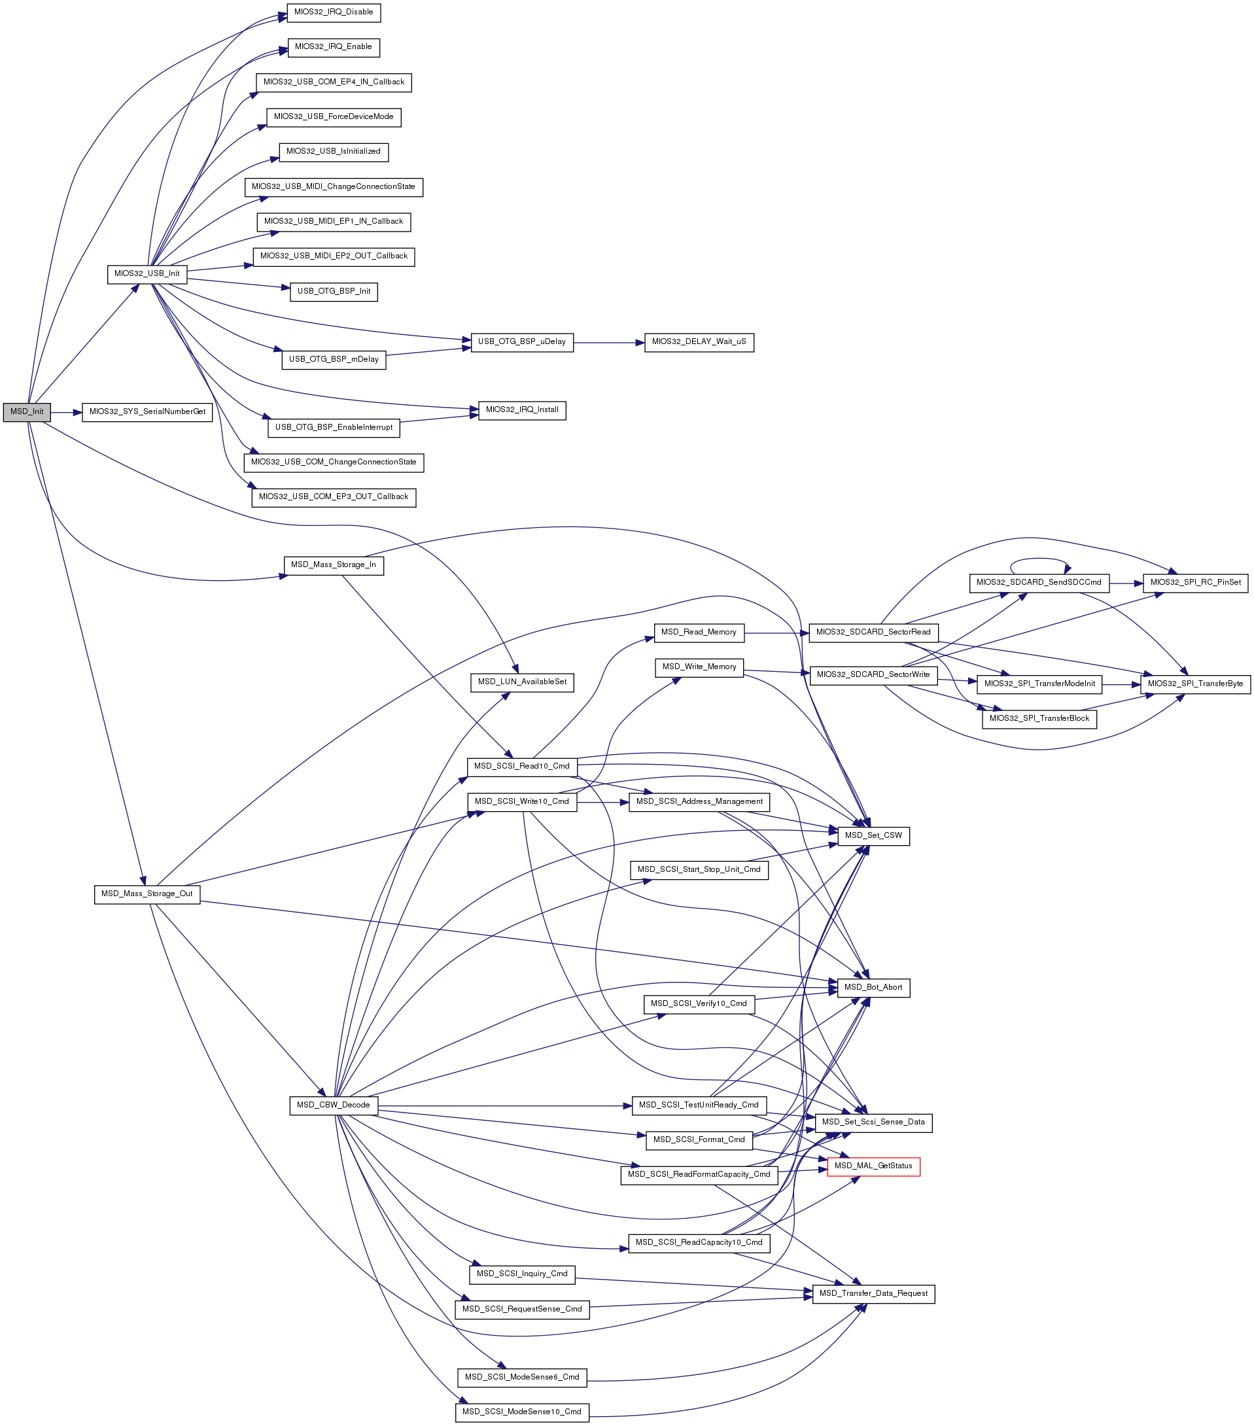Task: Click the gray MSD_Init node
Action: pos(27,412)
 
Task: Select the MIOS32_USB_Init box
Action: pos(147,274)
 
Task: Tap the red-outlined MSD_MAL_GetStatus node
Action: pos(873,1166)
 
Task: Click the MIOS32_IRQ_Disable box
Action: pos(334,12)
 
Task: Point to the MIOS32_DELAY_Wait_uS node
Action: pos(699,343)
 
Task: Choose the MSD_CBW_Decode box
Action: pos(334,1105)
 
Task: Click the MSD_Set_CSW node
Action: pos(873,836)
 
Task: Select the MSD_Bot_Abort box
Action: pos(873,987)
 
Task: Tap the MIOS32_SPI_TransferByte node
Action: pos(1194,684)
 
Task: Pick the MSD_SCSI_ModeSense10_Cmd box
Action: pos(522,1412)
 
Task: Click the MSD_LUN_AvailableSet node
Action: pos(522,682)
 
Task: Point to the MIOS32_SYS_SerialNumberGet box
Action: pos(147,412)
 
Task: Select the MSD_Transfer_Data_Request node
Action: pos(873,1293)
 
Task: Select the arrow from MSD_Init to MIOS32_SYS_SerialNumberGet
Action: pos(65,412)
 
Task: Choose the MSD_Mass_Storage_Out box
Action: pos(147,894)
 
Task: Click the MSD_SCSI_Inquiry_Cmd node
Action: pos(522,1274)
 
